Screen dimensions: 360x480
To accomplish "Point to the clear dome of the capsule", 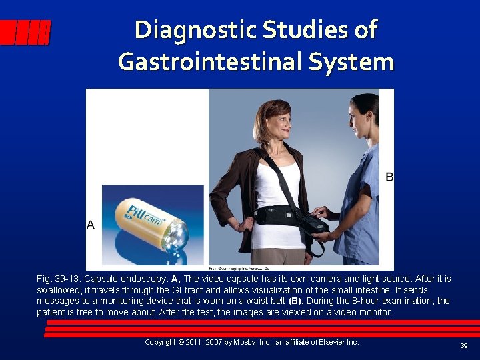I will pyautogui.click(x=176, y=233).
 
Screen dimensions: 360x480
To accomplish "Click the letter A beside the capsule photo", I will pyautogui.click(x=91, y=225).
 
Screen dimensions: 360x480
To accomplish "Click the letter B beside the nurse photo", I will pyautogui.click(x=389, y=177).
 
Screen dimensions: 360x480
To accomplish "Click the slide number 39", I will pyautogui.click(x=463, y=346).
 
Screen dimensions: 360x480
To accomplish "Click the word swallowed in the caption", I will pyautogui.click(x=58, y=291).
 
